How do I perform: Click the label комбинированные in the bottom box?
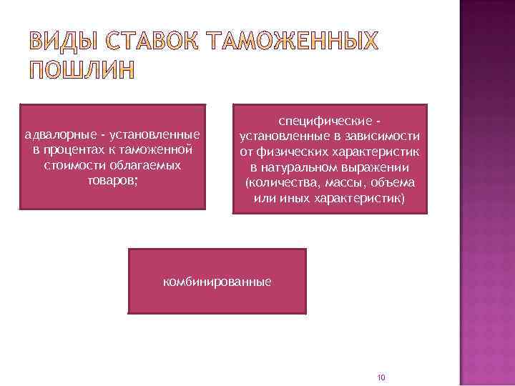point(217,282)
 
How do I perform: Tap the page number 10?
point(381,377)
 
